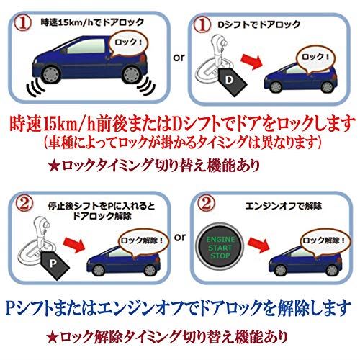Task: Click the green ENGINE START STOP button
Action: tap(220, 248)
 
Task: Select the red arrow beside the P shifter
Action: tap(75, 244)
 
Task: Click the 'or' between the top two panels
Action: tap(179, 58)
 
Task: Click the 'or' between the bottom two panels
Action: tap(180, 238)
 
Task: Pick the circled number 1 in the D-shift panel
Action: tap(202, 25)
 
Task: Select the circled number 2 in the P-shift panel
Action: tap(24, 204)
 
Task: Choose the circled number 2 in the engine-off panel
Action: tap(206, 204)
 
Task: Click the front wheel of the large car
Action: tap(51, 73)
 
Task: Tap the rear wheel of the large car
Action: tap(131, 74)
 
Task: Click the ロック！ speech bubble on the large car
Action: tap(128, 45)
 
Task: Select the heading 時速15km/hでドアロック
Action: tap(93, 23)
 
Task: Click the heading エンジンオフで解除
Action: tap(284, 206)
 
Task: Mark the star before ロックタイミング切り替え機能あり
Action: tap(53, 166)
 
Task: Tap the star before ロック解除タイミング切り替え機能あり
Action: tap(52, 338)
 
